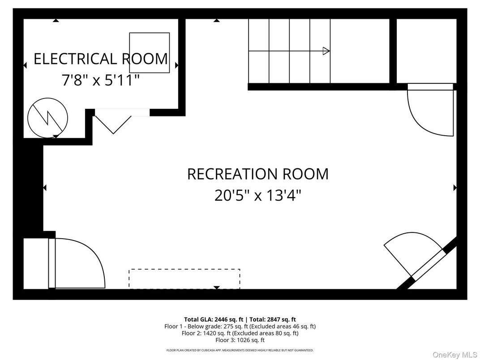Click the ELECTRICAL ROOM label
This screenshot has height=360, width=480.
click(101, 59)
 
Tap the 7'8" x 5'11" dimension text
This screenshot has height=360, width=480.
click(101, 80)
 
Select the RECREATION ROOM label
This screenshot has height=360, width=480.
click(257, 174)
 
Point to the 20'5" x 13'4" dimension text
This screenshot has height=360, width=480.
click(257, 196)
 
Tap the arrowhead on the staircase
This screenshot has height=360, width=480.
click(326, 51)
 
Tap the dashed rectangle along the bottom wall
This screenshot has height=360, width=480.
click(184, 279)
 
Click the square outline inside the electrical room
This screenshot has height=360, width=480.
click(150, 52)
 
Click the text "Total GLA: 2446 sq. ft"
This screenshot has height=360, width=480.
click(214, 319)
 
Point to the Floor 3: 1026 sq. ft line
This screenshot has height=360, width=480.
click(240, 340)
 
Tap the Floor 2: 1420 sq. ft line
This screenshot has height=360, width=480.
click(240, 333)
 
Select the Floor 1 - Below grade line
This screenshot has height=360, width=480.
click(240, 326)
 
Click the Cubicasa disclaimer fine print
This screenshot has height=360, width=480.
click(240, 350)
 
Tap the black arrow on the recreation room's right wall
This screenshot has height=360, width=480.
click(455, 188)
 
